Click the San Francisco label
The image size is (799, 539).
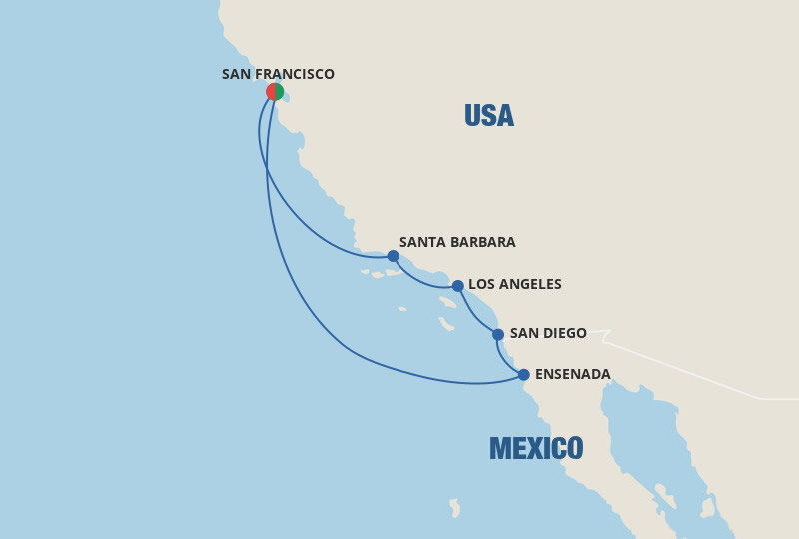point(278,74)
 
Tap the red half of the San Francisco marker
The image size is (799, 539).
point(271,92)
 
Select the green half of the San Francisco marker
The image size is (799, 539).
point(279,92)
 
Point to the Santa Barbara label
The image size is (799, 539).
point(456,242)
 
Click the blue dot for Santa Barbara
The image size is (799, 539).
point(393,256)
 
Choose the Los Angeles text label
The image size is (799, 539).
point(514,284)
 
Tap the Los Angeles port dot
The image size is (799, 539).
point(457,286)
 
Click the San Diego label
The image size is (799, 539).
point(547,333)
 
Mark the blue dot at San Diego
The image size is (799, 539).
point(498,334)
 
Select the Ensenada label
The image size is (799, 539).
point(572,374)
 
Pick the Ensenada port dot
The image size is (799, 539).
point(524,375)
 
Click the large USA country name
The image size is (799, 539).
point(489,116)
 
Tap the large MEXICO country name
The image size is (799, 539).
point(536,448)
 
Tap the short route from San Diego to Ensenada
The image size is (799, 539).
point(503,360)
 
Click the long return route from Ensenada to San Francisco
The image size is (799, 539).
point(300,300)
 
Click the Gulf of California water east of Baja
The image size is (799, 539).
point(639,440)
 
